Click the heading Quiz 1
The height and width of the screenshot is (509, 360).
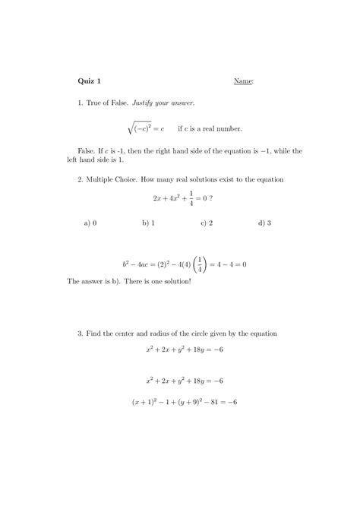tap(90, 81)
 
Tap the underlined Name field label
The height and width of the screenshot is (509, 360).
tap(243, 81)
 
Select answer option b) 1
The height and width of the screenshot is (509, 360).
tap(148, 223)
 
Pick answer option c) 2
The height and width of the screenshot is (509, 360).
tap(206, 223)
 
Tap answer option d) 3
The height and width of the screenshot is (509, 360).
tap(265, 223)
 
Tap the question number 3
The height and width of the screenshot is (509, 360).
tap(81, 334)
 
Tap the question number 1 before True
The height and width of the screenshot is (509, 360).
tap(81, 102)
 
